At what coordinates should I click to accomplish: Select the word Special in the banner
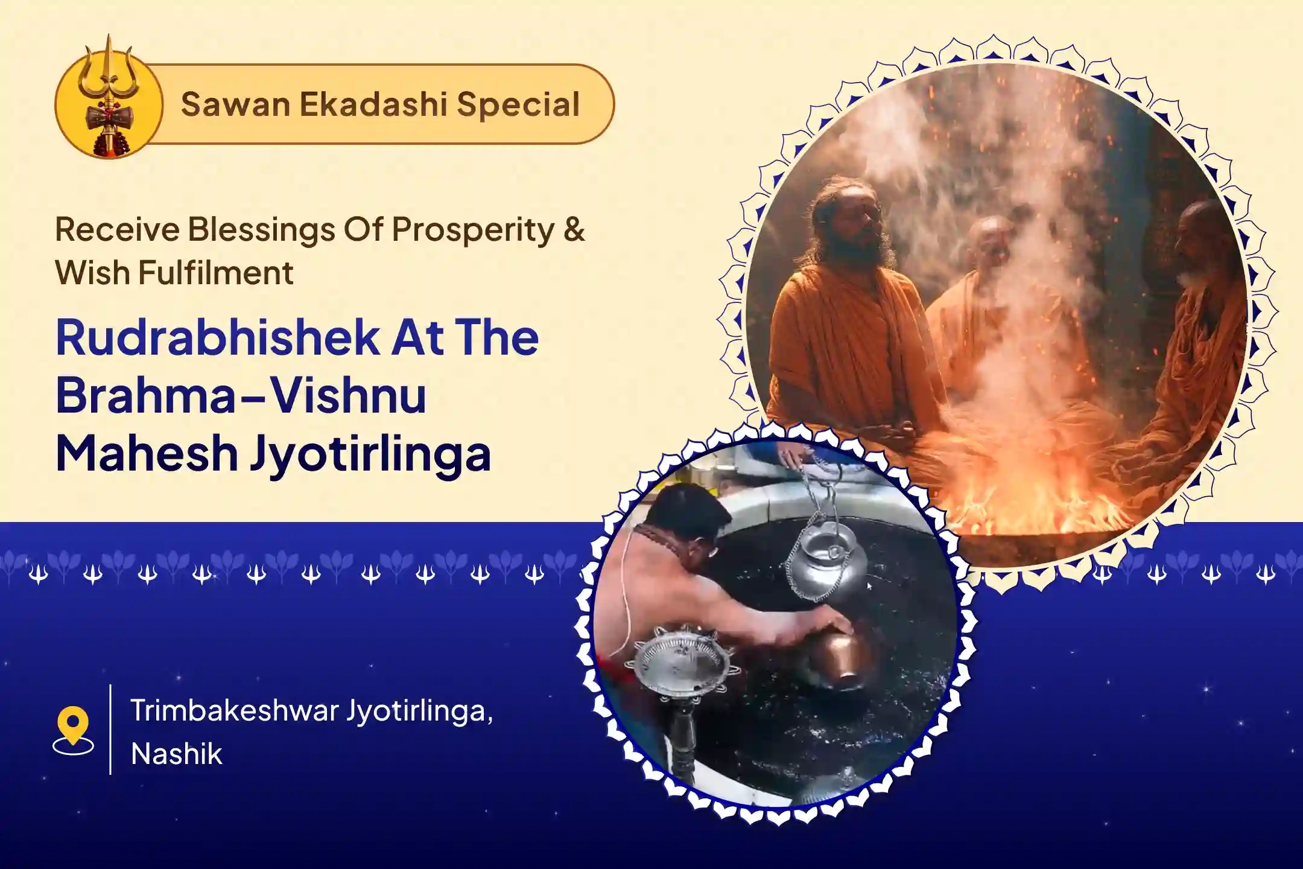coord(518,104)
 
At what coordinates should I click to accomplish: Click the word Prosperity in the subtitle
coord(472,231)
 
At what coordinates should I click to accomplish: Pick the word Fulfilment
coord(216,273)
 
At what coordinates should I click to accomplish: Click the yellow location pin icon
coord(73,730)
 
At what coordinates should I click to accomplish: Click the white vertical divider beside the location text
coord(110,729)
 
